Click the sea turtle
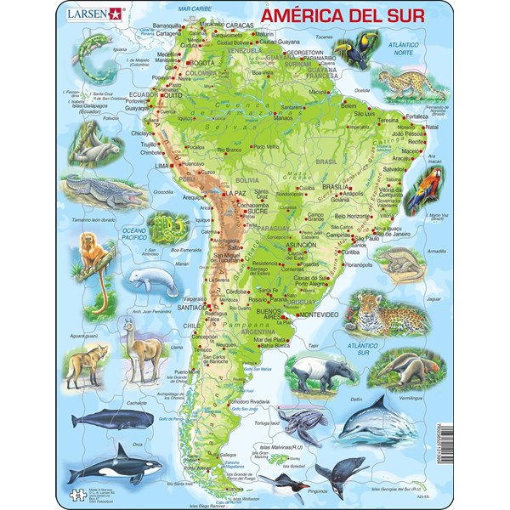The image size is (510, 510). point(303,423)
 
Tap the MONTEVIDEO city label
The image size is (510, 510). point(317,315)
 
